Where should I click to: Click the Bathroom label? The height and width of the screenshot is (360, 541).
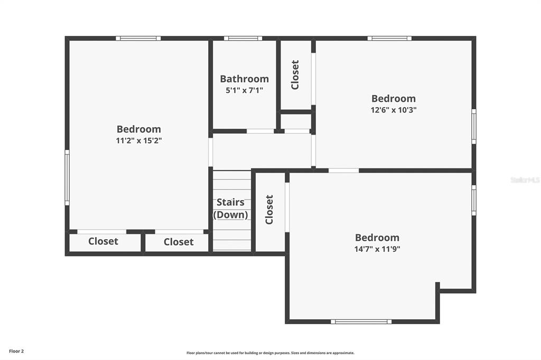(244, 79)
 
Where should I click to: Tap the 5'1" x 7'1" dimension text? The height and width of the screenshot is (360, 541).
(244, 90)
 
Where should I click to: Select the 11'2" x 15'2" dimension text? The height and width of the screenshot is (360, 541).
(138, 141)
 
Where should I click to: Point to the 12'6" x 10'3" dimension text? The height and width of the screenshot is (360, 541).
(393, 110)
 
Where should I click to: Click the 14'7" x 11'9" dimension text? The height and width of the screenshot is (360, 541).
(377, 249)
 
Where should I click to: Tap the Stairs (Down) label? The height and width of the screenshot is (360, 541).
(230, 209)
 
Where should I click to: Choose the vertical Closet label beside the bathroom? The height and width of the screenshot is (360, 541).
(295, 74)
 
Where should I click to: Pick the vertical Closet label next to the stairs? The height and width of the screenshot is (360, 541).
(269, 210)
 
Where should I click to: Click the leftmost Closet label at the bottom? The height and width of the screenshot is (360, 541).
(103, 241)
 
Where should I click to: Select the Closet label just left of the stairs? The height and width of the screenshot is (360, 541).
(178, 242)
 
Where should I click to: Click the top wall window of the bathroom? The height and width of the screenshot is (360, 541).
(243, 39)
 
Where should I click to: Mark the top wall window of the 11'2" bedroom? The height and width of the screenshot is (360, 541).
(138, 39)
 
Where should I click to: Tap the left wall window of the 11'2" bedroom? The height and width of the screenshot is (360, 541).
(67, 177)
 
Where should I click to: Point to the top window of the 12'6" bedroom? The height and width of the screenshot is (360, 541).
(389, 39)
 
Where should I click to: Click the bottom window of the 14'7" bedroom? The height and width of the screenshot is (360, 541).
(361, 321)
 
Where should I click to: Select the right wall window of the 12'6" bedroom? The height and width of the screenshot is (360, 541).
(473, 126)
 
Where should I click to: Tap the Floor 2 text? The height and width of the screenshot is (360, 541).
(16, 351)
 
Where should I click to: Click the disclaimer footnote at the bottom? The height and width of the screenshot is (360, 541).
(270, 353)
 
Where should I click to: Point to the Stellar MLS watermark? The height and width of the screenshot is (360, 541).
(525, 180)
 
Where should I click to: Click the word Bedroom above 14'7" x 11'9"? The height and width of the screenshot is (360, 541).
(377, 238)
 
